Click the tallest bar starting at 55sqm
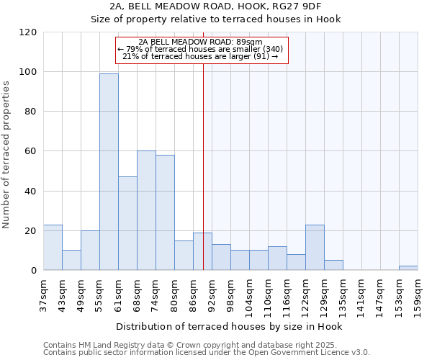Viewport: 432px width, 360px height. pos(109,172)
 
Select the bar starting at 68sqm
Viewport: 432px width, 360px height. pos(146,210)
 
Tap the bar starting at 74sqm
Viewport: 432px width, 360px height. pos(165,212)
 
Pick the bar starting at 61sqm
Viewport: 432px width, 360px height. pos(127,223)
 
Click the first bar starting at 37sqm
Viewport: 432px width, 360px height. pos(53,247)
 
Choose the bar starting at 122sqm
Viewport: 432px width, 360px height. pos(315,247)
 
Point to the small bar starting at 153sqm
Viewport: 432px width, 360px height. pos(408,268)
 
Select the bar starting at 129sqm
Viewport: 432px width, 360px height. pos(333,265)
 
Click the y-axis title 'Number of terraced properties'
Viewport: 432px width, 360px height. pos(6,155)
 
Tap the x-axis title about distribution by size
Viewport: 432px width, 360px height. pos(229,326)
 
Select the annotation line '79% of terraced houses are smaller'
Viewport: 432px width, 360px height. pos(201,49)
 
